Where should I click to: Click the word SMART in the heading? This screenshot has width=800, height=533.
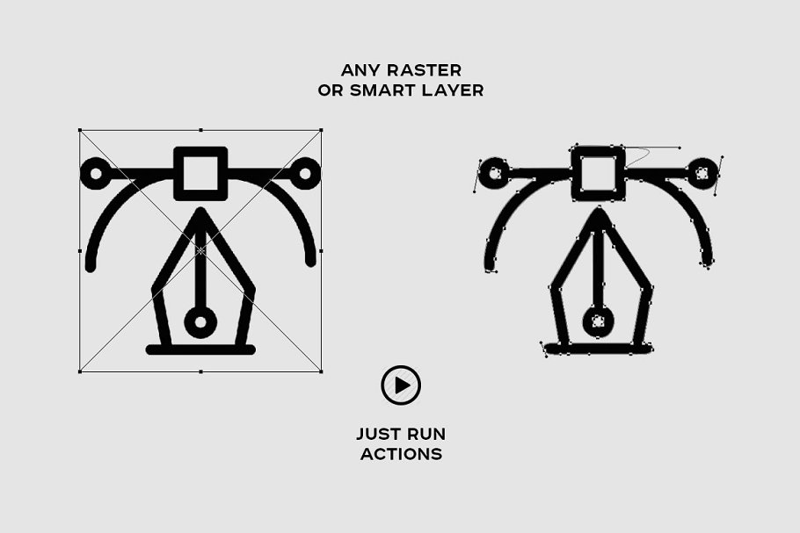tap(382, 90)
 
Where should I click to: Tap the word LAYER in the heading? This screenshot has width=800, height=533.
tap(453, 90)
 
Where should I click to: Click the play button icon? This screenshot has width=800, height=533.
tap(401, 385)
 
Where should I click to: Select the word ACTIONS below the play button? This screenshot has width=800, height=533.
tap(401, 454)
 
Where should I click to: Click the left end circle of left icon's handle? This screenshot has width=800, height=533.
tap(95, 173)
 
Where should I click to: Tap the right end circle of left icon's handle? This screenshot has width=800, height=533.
tap(305, 173)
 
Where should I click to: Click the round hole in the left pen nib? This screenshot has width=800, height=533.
tap(200, 322)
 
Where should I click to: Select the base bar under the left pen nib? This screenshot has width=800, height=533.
tap(200, 349)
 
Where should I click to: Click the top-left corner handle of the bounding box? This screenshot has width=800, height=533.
tap(80, 131)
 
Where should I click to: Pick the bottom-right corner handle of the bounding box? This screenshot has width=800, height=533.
tap(321, 371)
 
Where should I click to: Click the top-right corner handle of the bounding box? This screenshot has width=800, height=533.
tap(321, 131)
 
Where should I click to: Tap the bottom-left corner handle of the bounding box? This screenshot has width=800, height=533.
tap(80, 371)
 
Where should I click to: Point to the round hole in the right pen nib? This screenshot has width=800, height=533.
tap(598, 321)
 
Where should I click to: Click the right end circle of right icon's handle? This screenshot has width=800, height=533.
tap(702, 173)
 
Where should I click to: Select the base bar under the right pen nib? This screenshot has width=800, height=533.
tap(598, 349)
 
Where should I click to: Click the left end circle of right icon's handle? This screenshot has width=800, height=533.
tap(493, 173)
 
